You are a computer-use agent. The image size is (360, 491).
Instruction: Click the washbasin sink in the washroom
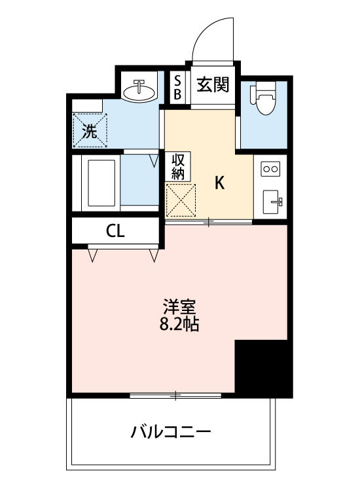coord(139,91)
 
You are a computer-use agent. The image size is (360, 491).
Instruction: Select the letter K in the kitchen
coord(221,183)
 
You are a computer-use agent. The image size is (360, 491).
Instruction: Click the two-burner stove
coord(270,169)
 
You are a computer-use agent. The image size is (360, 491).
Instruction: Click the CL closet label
coord(116,231)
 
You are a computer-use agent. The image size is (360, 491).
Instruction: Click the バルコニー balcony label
coord(170,432)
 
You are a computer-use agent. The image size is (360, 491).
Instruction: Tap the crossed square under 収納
coord(181,199)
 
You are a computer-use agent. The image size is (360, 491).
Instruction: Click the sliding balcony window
coord(175,395)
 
